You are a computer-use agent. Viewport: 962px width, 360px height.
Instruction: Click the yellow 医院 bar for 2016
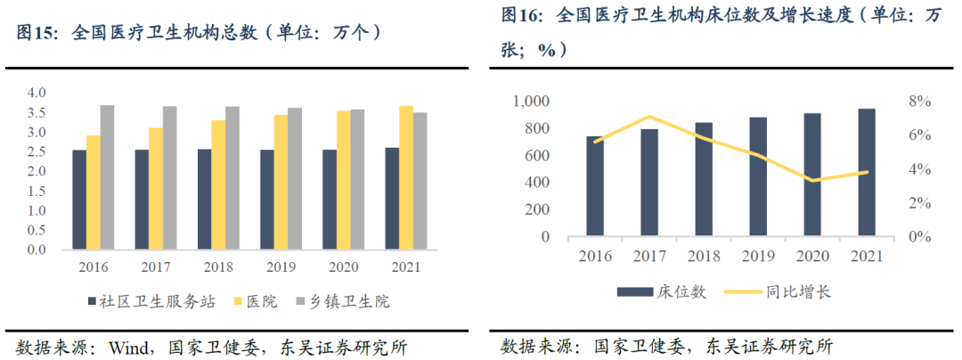click(93, 192)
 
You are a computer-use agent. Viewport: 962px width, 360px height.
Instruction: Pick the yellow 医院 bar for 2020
click(343, 180)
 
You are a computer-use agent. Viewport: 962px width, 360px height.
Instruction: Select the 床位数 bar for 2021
click(867, 173)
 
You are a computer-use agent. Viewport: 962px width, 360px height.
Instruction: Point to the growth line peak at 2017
click(650, 117)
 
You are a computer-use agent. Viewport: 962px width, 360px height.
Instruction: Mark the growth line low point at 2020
click(812, 181)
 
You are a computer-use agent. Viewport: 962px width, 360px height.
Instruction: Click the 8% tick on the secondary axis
click(919, 102)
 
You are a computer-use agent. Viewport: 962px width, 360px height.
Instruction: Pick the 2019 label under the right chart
click(758, 257)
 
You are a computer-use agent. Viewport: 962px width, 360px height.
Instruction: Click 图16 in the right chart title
click(522, 15)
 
